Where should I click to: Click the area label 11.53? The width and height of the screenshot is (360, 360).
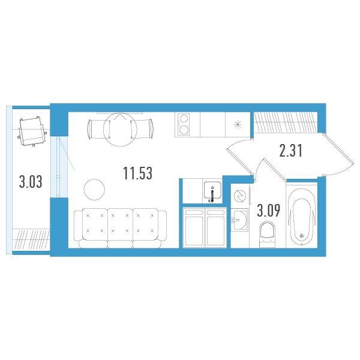[x=137, y=173]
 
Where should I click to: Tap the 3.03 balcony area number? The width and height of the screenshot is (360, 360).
[x=31, y=182]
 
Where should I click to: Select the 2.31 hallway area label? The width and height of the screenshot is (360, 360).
[x=291, y=151]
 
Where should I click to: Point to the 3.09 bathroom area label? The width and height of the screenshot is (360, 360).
[x=268, y=211]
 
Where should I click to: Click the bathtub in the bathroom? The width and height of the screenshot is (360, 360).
[x=302, y=216]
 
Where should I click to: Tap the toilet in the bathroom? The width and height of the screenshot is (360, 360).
[x=267, y=234]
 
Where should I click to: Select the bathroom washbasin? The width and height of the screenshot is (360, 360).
[x=239, y=220]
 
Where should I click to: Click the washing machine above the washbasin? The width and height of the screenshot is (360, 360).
[x=240, y=196]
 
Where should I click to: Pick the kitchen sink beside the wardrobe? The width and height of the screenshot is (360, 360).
[x=213, y=191]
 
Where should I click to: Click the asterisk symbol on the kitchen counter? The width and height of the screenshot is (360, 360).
[x=238, y=125]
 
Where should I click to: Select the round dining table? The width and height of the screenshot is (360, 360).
[x=120, y=129]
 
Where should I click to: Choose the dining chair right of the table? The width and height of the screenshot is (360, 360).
[x=142, y=129]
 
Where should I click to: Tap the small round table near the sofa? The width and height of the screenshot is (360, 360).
[x=94, y=190]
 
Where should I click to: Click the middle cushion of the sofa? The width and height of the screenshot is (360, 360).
[x=120, y=224]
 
